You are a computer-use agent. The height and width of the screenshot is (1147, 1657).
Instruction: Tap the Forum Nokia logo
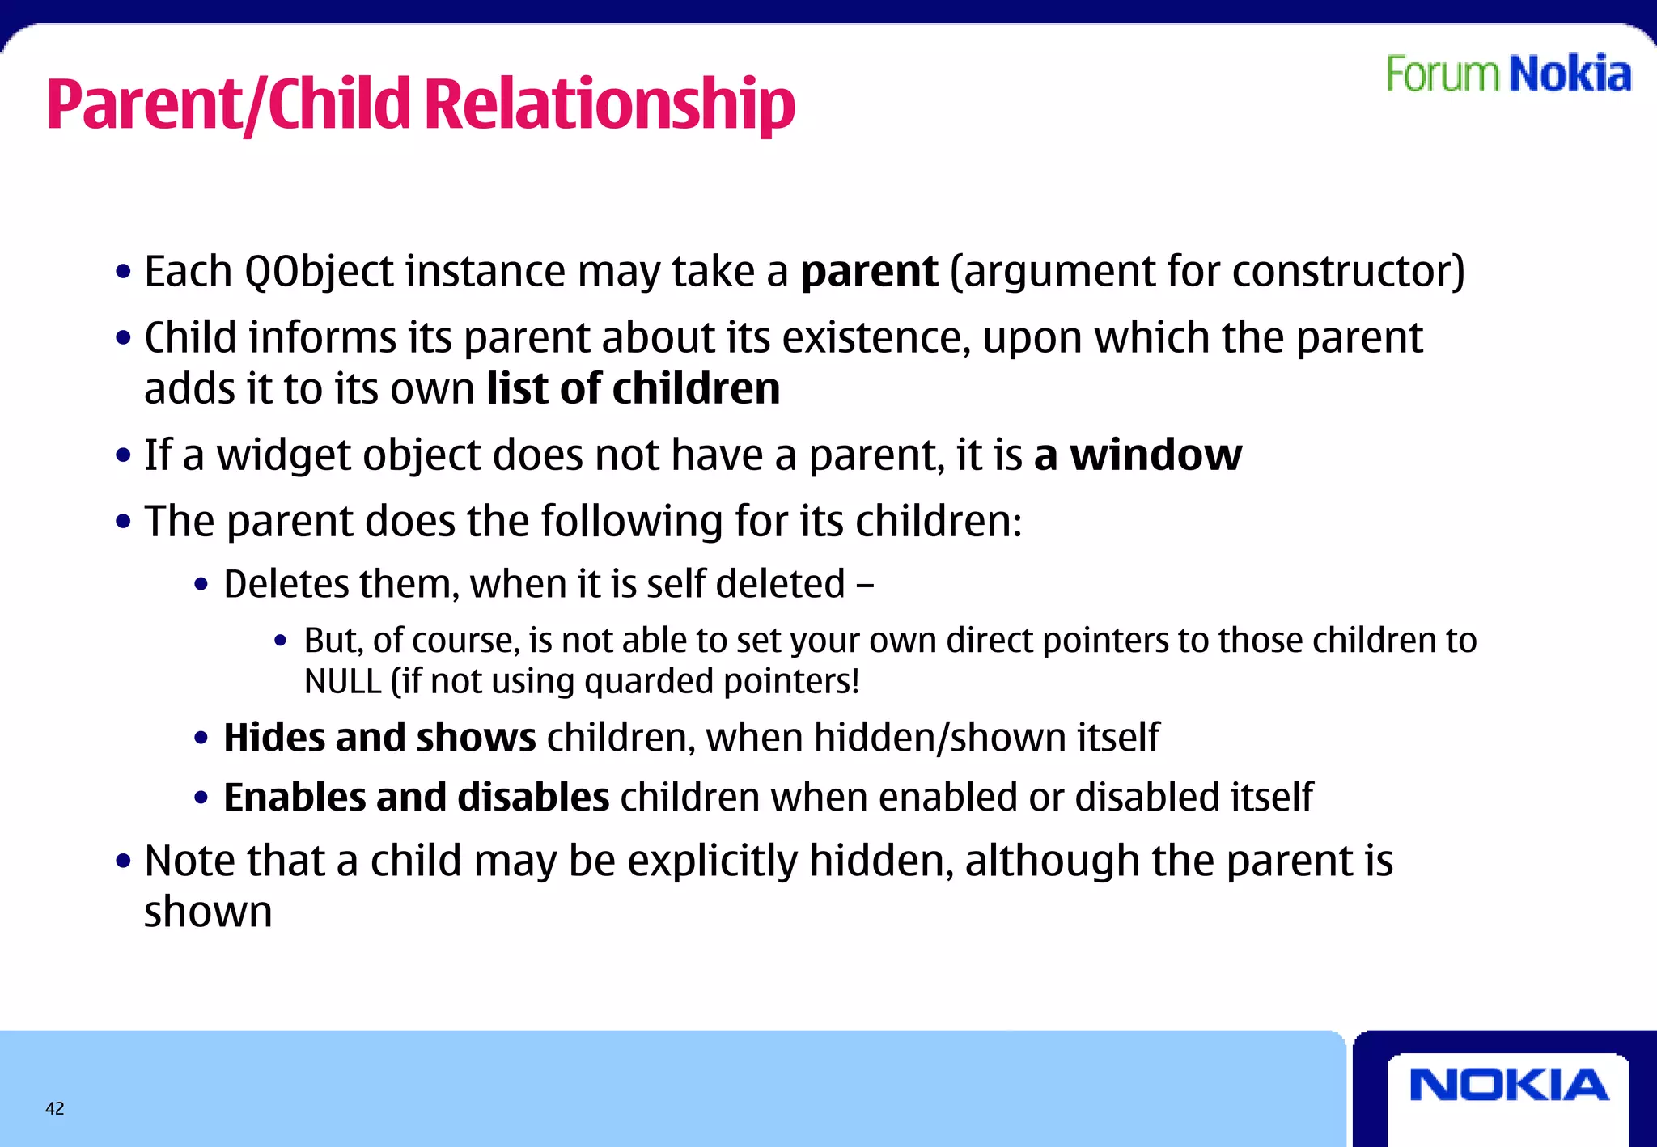coord(1508,74)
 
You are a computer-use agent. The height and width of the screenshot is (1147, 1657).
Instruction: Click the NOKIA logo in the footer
coord(1508,1085)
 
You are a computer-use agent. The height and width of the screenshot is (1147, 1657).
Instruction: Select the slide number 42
coord(54,1108)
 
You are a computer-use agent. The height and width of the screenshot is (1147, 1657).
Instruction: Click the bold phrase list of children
coord(633,388)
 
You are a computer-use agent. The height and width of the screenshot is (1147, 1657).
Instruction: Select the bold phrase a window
coord(1138,455)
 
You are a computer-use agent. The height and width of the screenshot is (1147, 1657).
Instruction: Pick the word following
coord(632,521)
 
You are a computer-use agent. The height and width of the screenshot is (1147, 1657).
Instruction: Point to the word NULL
coord(342,681)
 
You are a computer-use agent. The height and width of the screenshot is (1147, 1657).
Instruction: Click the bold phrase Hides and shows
coord(379,738)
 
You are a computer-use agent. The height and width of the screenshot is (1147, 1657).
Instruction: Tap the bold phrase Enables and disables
coord(416,798)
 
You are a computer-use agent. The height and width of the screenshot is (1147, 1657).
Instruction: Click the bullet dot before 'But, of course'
coord(281,641)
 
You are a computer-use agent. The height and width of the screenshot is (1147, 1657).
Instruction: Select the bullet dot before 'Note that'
coord(123,861)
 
